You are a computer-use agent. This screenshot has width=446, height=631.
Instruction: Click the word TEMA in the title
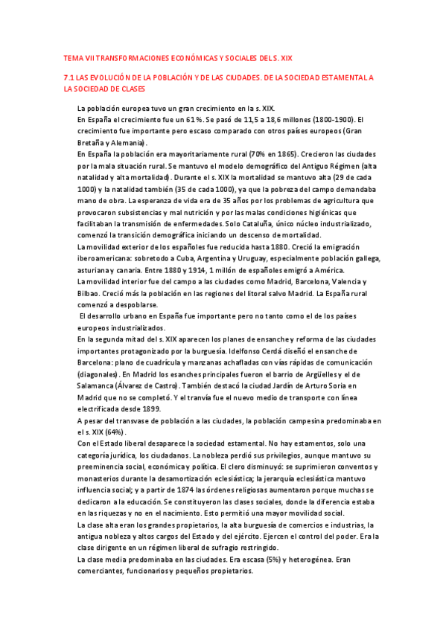[x=73, y=58]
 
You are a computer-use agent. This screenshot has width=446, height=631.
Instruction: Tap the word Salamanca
[x=98, y=386]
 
